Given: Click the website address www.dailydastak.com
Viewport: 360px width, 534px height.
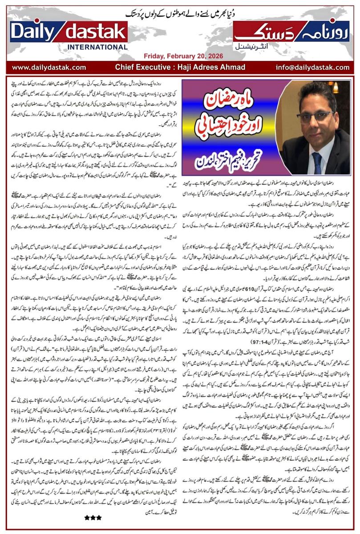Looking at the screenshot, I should point(49,67).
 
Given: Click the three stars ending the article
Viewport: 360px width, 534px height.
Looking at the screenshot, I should point(93,518).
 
